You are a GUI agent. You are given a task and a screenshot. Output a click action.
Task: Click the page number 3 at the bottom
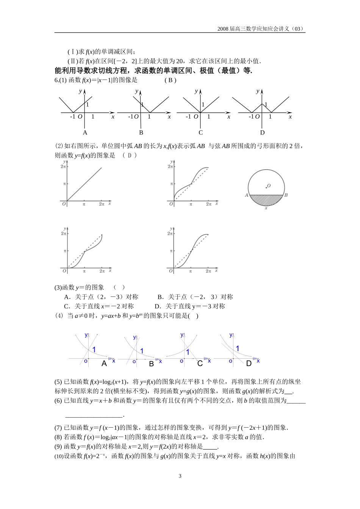[x=180, y=476]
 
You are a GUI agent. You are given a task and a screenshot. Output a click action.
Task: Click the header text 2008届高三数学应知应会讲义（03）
[x=261, y=29]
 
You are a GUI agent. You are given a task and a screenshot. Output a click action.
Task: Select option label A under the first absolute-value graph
[x=85, y=133]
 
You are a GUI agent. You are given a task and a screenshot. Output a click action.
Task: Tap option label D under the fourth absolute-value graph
[x=262, y=133]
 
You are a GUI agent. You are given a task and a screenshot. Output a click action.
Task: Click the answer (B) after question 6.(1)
[x=171, y=80]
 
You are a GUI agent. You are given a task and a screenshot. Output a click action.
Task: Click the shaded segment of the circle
[x=266, y=200]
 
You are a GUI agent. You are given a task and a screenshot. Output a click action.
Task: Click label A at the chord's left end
[x=246, y=195]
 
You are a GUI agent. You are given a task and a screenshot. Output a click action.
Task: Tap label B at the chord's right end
[x=286, y=195]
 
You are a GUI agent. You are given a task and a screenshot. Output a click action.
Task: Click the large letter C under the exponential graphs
[x=200, y=364]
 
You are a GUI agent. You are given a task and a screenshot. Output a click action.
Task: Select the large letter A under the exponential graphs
[x=104, y=364]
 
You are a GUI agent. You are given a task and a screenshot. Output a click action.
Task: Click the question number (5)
[x=58, y=382]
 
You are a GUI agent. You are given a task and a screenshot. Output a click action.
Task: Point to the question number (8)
[x=58, y=437]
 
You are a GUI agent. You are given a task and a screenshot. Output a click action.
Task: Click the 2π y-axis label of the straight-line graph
[x=63, y=166]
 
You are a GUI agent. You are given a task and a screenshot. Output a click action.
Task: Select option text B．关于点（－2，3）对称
[x=195, y=297]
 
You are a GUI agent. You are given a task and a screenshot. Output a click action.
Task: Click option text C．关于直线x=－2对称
[x=99, y=306]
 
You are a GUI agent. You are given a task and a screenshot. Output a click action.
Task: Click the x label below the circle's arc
[x=266, y=208]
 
